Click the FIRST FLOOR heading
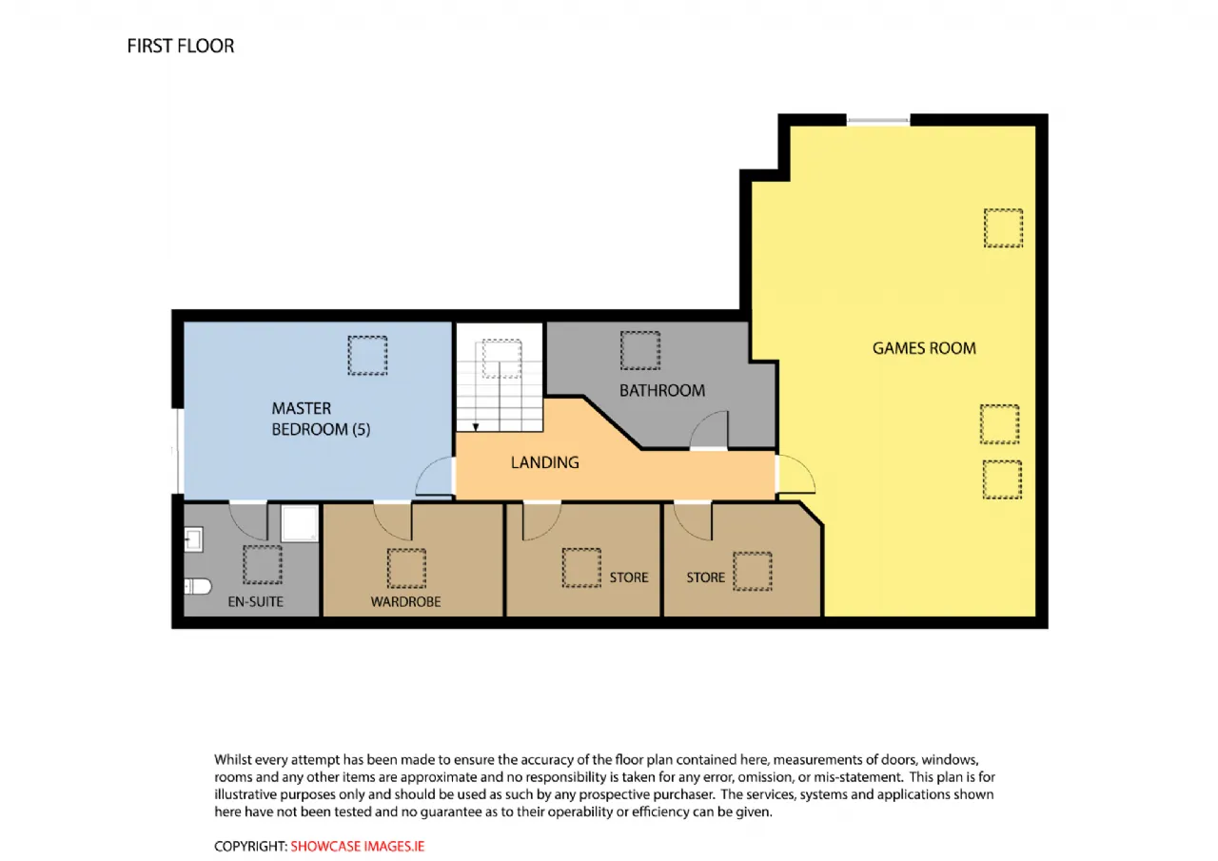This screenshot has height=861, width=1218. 181,47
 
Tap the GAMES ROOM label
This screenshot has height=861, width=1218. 924,348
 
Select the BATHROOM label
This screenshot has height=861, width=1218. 661,390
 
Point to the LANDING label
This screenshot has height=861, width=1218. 545,462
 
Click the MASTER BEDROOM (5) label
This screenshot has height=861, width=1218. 321,420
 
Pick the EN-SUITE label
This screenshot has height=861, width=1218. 256,601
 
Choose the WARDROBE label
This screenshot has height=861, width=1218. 405,601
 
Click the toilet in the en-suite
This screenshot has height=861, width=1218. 197,586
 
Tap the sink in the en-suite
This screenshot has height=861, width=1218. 193,539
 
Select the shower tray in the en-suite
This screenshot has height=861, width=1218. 300,523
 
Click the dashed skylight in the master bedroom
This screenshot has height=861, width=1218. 367,356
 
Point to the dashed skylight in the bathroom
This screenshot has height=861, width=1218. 640,351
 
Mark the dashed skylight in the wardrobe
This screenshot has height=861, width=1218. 406,569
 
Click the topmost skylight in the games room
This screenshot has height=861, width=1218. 1003,228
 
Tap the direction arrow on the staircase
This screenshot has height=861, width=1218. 476,428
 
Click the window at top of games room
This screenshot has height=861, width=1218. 878,120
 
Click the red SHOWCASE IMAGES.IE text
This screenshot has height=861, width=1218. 357,847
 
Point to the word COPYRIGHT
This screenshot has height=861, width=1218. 250,847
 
